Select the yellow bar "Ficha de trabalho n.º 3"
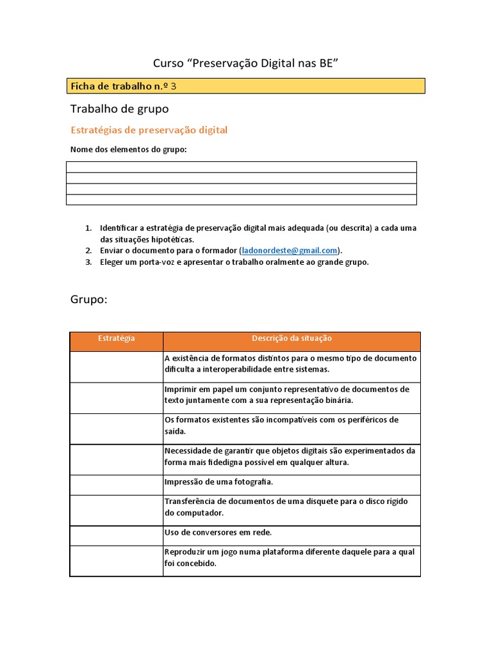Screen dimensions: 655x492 pyautogui.click(x=245, y=86)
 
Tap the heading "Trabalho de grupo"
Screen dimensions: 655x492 pyautogui.click(x=119, y=109)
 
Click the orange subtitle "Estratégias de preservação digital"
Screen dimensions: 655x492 pyautogui.click(x=149, y=130)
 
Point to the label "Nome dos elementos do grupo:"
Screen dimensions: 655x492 pyautogui.click(x=128, y=150)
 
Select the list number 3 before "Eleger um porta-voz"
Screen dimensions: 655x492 pyautogui.click(x=88, y=262)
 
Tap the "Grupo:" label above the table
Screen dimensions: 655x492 pyautogui.click(x=88, y=299)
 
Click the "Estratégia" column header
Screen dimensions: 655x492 pyautogui.click(x=116, y=338)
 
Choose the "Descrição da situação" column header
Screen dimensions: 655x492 pyautogui.click(x=291, y=338)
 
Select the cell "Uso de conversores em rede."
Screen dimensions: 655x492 pyautogui.click(x=218, y=532)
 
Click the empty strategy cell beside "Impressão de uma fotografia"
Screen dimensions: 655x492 pyautogui.click(x=116, y=484)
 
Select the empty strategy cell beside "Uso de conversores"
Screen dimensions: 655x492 pyautogui.click(x=116, y=535)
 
